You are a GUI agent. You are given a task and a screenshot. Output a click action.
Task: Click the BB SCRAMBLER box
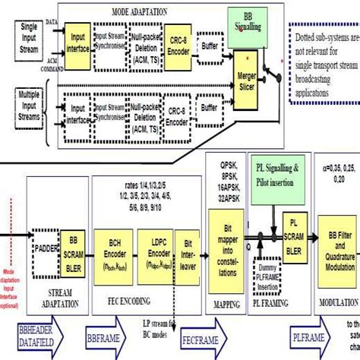(74, 248)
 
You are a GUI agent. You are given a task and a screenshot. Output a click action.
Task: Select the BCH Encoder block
(115, 247)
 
